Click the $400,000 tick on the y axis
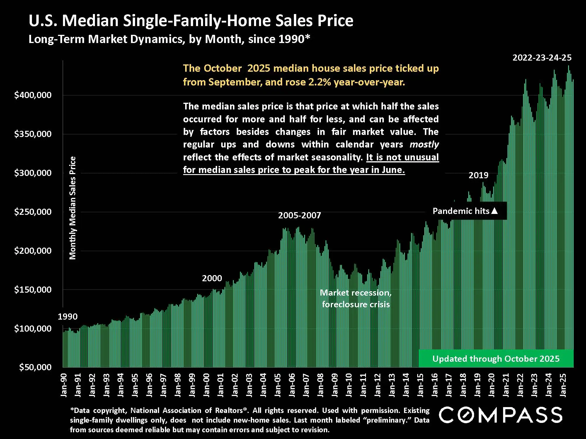tap(33, 95)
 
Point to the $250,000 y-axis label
tap(33, 212)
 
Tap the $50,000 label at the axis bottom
tap(35, 367)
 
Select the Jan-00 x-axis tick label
tap(207, 385)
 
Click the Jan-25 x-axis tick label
tap(563, 385)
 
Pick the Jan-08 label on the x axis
tap(321, 385)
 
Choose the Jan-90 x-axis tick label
tap(64, 385)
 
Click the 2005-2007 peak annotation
tap(299, 215)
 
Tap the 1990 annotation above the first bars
tap(68, 317)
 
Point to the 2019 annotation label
tap(478, 175)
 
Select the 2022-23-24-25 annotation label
tap(542, 58)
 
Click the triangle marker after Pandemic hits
tap(494, 211)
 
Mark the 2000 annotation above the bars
tap(212, 278)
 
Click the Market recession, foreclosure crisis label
tap(356, 299)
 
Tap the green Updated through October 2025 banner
tap(496, 359)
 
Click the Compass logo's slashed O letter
tap(467, 415)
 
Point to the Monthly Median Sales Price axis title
tap(72, 208)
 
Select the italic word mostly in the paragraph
tap(424, 145)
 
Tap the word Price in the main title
tap(335, 21)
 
